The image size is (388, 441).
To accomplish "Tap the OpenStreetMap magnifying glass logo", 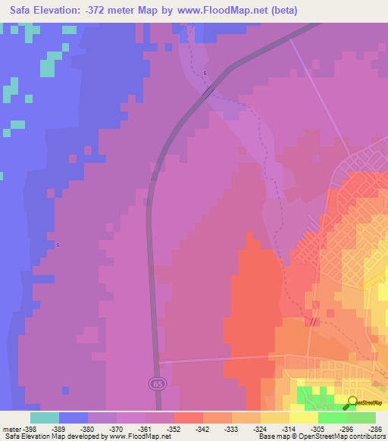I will point(352,402).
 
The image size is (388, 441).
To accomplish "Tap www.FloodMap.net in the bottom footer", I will point(140,436).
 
